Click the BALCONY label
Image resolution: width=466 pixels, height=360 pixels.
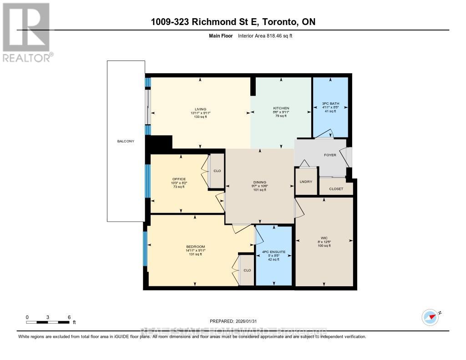pos(126,142)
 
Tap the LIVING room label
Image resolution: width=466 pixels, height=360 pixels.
pos(201,109)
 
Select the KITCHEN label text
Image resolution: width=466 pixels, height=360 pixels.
pos(281,108)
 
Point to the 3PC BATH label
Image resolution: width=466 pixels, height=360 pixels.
pos(330,104)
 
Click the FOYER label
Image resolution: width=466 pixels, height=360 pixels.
pos(330,155)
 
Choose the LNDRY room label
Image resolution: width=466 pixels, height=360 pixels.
pos(305,182)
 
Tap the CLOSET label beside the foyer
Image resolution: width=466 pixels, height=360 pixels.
pos(336,189)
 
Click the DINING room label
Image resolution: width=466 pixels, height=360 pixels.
pos(260,183)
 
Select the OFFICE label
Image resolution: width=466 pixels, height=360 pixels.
pos(178,179)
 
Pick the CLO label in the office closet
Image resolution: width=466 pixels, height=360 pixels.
pos(217,171)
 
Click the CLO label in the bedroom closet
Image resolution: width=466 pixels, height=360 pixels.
pos(247,270)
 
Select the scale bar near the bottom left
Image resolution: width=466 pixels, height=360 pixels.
pos(48,322)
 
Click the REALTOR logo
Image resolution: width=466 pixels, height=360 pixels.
pos(26,32)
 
